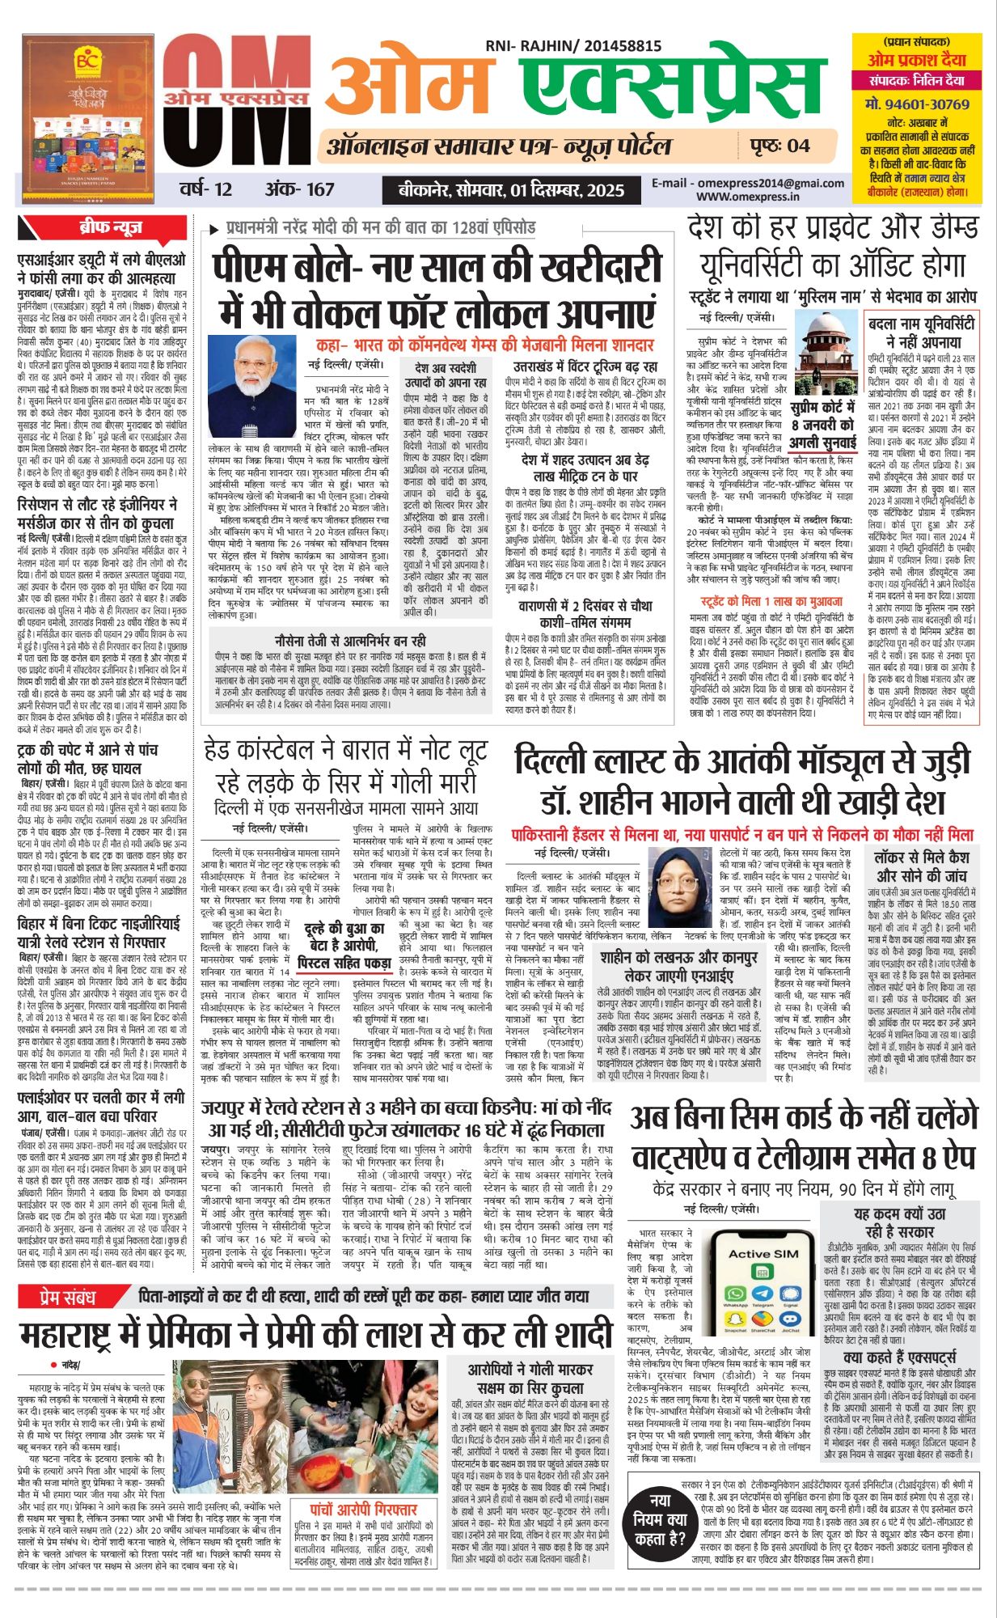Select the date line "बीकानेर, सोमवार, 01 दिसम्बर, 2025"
pos(511,191)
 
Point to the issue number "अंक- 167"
pos(299,189)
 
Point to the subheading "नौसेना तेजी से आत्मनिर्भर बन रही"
pos(349,642)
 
